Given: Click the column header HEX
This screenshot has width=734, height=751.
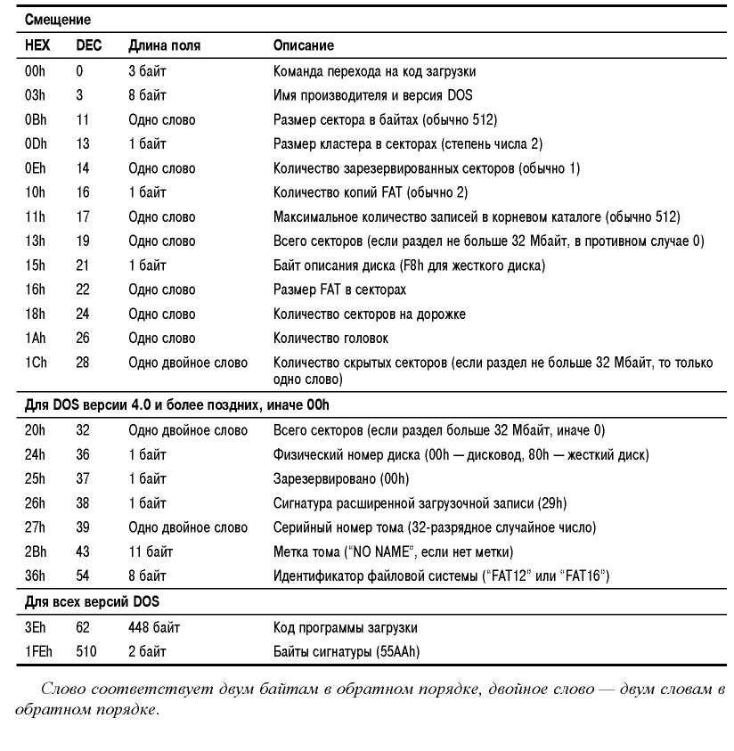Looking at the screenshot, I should [37, 45].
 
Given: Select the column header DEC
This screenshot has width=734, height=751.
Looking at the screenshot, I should [89, 45].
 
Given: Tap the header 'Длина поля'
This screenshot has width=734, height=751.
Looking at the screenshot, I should [164, 45].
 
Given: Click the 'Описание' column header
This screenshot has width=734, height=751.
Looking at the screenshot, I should [304, 45].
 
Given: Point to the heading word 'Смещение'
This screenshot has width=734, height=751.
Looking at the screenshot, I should [58, 19].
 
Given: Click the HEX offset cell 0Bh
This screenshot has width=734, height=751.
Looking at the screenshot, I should [35, 119].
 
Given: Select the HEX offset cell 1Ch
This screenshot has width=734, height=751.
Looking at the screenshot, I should [35, 363].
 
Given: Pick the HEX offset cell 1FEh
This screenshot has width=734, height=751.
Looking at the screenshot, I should [38, 651].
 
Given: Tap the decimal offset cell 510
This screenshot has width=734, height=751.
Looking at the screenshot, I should [86, 651].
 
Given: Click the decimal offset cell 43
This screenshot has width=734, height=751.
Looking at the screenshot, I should [83, 551].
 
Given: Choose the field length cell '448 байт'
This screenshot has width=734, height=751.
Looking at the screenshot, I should [154, 627].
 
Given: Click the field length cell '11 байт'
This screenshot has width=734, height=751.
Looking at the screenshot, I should [151, 551].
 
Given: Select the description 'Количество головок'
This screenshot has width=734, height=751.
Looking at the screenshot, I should [330, 339].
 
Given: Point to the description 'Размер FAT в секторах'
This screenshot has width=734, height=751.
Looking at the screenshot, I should [339, 290].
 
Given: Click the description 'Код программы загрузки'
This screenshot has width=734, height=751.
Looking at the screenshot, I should [345, 627].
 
